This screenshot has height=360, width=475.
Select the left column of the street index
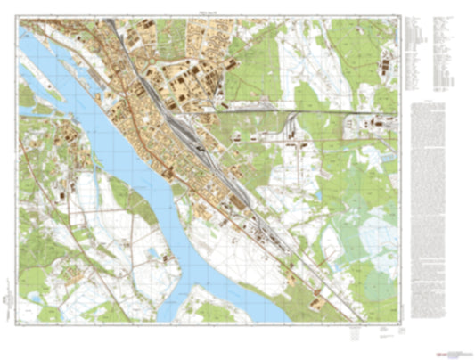tap(415, 53)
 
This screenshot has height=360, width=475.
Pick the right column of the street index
tap(444, 53)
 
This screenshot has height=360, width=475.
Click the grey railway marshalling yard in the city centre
tap(192, 125)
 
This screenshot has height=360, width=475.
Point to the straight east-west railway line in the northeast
tap(294, 110)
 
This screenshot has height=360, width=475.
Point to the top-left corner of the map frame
tap(19, 21)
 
